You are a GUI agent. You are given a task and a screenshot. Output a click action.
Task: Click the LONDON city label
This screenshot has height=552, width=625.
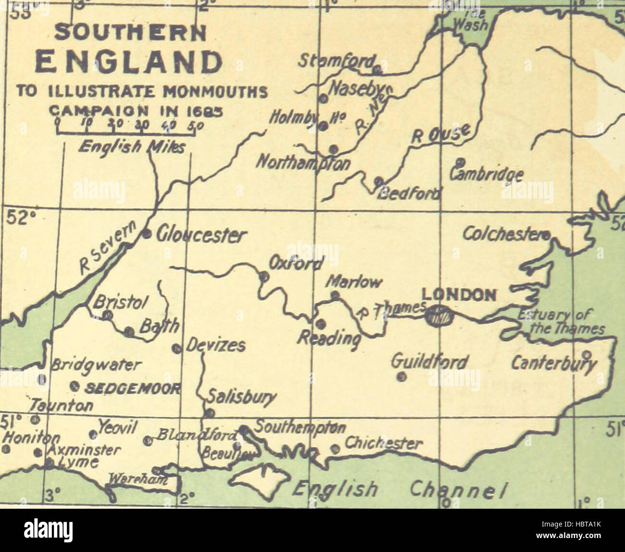click(458, 295)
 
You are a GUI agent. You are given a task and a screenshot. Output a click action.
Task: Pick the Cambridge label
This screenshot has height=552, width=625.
click(486, 174)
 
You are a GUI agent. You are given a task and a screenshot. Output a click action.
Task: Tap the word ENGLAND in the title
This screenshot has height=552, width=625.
click(130, 62)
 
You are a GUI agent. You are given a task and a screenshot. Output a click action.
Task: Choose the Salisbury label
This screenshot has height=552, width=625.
click(241, 397)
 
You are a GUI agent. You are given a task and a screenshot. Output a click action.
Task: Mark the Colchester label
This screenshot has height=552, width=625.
click(505, 234)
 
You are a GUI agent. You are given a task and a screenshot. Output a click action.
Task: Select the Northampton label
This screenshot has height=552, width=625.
click(303, 163)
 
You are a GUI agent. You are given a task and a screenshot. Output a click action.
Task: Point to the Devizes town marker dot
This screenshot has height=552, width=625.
click(176, 348)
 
